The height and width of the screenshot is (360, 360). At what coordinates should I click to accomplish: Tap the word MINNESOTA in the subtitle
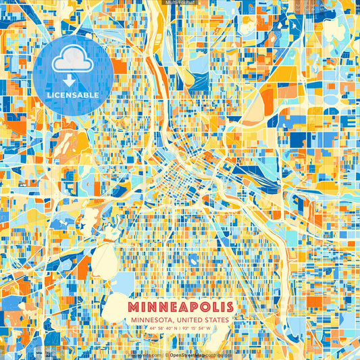147,319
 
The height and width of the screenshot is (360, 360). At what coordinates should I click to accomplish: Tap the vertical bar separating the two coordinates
180,329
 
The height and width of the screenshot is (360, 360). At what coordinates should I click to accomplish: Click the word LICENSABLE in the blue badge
73,95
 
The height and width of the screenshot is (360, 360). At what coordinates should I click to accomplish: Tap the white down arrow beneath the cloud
73,79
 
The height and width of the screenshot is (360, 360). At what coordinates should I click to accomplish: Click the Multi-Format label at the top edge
180,3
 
